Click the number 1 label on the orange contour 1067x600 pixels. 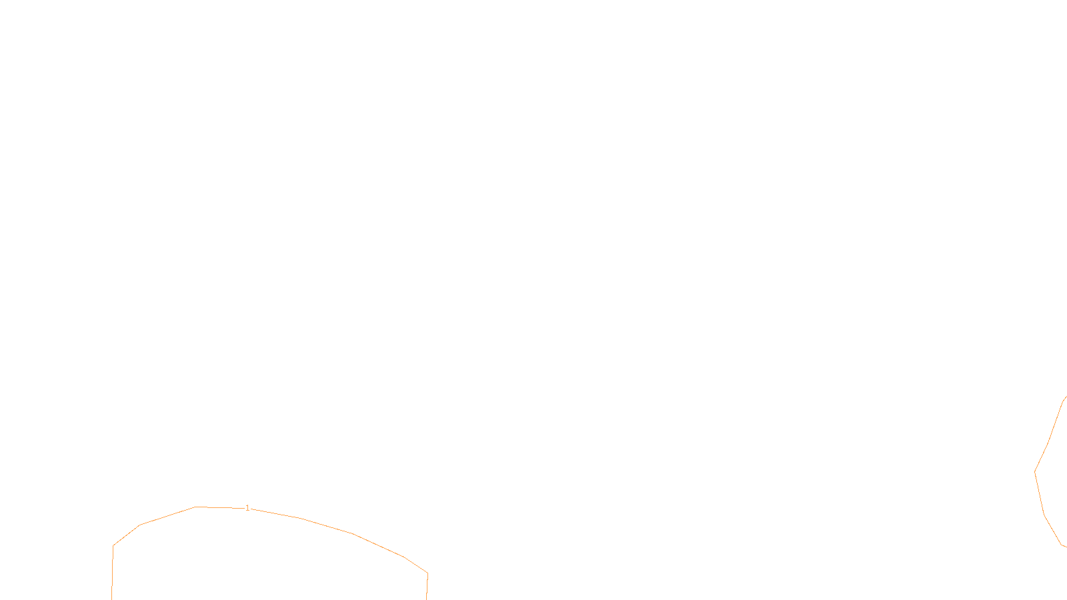tap(247, 508)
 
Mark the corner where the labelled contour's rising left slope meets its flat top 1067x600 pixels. tap(195, 507)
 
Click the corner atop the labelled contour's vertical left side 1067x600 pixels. tap(113, 545)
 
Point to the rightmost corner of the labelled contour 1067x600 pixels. tap(427, 573)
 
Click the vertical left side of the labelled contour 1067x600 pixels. tap(113, 573)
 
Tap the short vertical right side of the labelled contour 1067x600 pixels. tap(427, 587)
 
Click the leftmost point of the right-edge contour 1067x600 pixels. tap(1035, 472)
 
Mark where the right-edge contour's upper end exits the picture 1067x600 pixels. tap(1066, 397)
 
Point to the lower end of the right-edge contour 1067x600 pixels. tap(1066, 547)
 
